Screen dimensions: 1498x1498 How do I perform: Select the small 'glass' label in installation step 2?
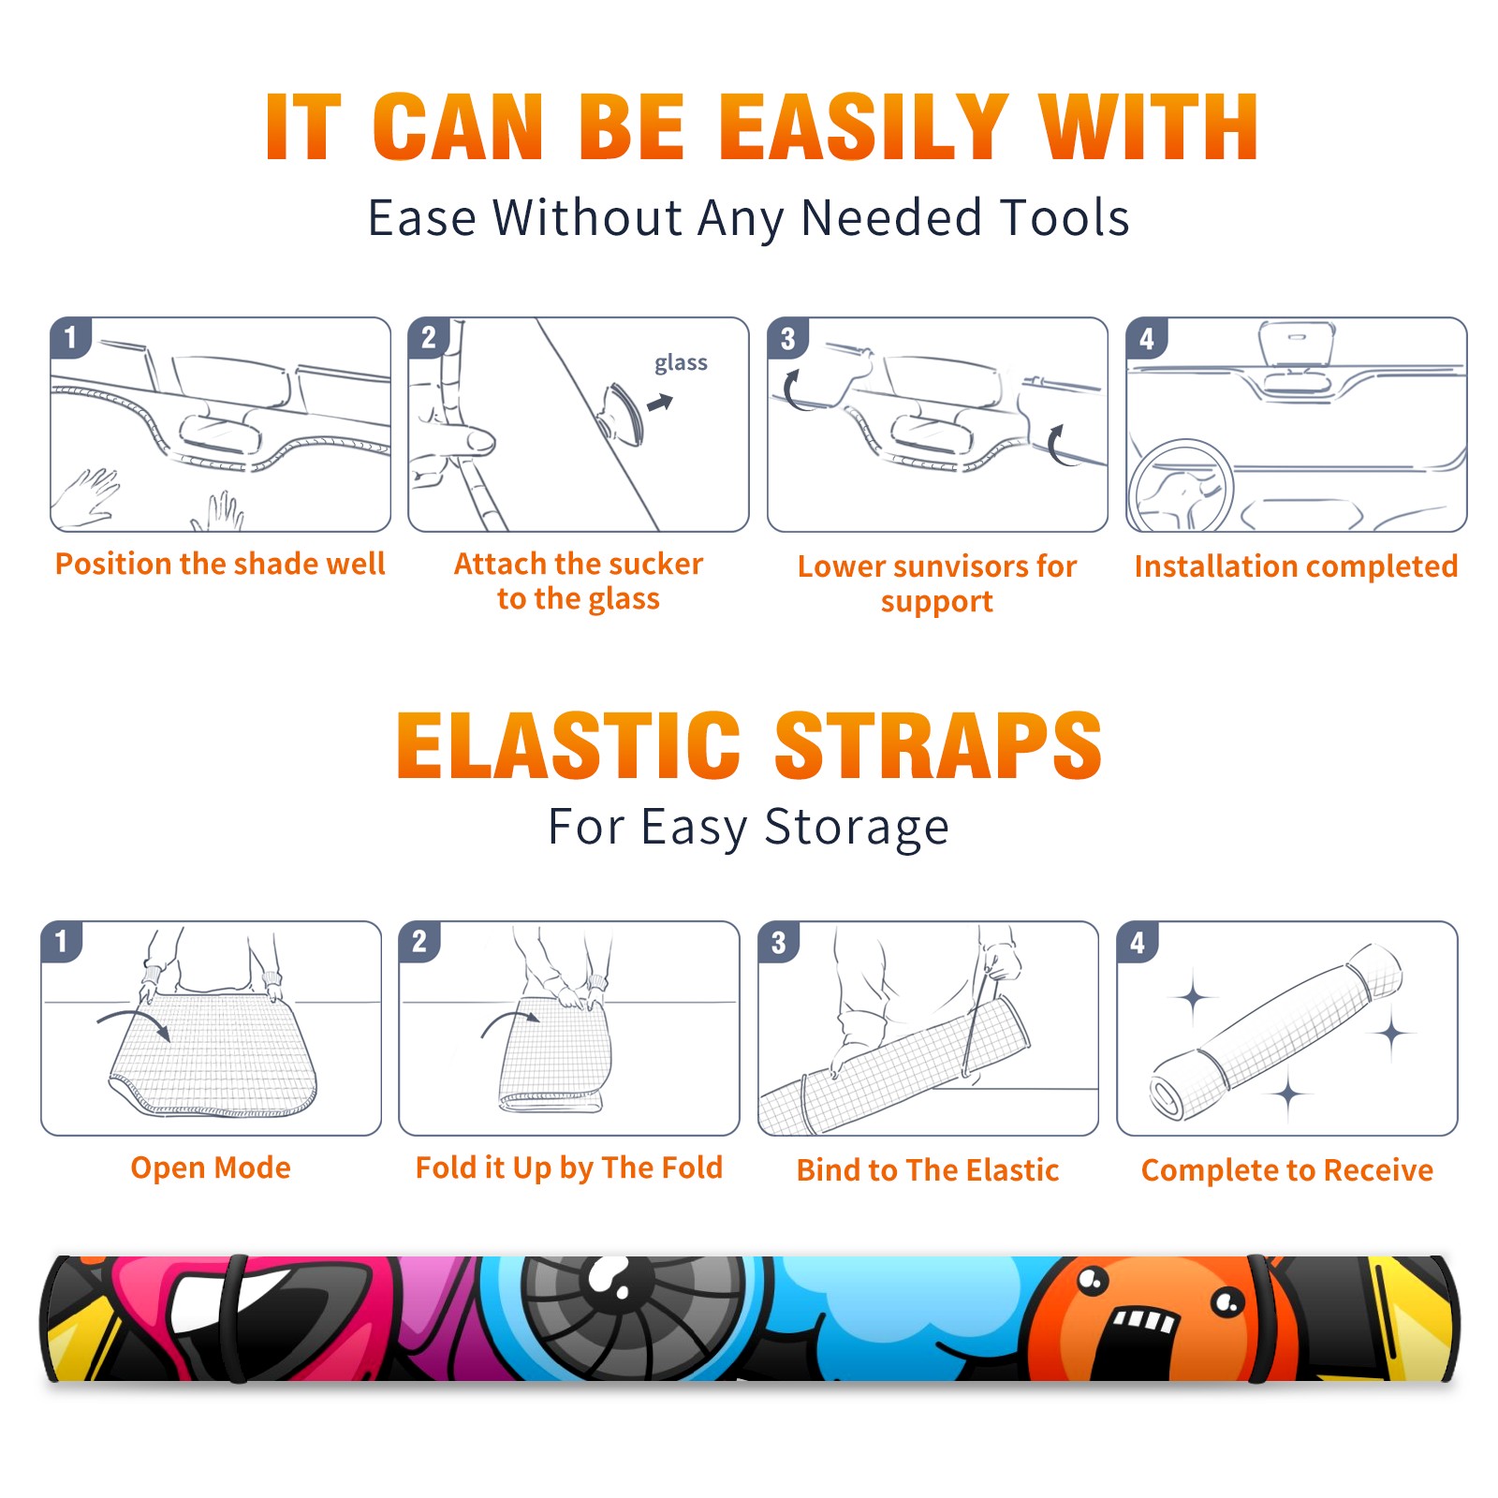point(681,363)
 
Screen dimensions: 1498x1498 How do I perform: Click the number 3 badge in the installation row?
point(788,338)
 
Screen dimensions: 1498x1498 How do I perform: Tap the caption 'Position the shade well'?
point(220,564)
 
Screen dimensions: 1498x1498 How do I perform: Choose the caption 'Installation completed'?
point(1296,566)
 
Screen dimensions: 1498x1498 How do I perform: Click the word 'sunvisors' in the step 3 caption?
point(955,566)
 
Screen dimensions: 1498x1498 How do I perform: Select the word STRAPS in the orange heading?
point(938,745)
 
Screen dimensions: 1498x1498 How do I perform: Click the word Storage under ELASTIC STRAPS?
point(857,828)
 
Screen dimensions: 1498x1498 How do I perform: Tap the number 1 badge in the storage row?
point(62,942)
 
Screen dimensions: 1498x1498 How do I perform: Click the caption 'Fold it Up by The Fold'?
point(569,1168)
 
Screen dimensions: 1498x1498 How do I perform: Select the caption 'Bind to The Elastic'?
point(928,1170)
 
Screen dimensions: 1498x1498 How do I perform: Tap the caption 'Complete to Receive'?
point(1287,1170)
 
